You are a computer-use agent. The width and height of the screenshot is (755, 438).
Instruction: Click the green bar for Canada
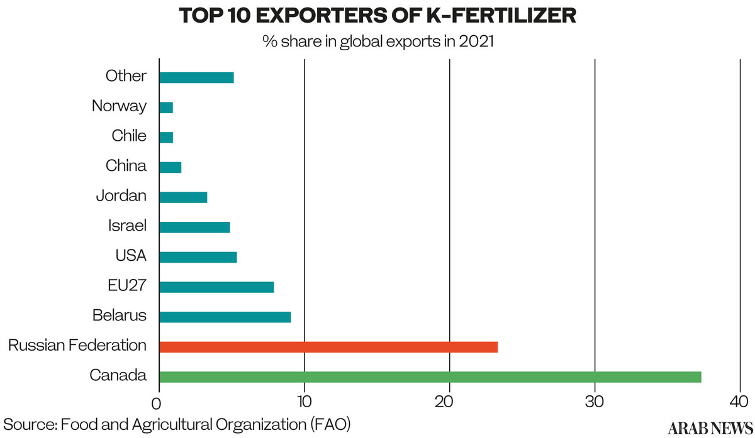(430, 377)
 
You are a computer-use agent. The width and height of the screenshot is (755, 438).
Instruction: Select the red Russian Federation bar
(328, 347)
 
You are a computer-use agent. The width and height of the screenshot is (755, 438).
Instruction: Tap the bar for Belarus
(225, 317)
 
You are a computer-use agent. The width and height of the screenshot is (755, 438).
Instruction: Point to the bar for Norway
(165, 107)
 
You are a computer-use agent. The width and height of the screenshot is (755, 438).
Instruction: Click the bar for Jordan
(182, 197)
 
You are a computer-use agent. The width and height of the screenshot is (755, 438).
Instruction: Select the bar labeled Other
(196, 78)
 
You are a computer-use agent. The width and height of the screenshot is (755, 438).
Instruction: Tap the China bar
(170, 167)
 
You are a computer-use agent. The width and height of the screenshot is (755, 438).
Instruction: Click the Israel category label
(128, 226)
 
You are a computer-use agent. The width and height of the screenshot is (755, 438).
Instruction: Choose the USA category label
(131, 256)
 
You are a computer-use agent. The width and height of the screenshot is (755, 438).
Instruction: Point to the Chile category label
(129, 136)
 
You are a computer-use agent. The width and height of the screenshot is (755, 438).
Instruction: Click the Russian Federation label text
(77, 345)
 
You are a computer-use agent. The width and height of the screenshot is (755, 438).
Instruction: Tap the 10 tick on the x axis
(304, 401)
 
